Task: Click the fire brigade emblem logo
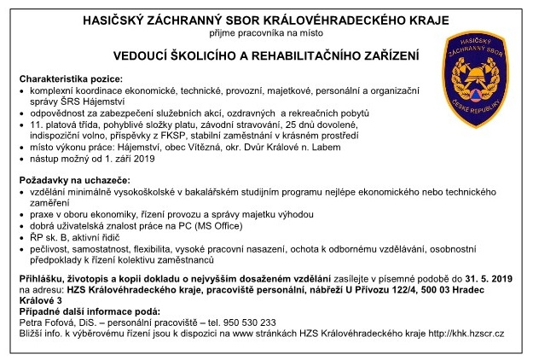(x=476, y=68)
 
